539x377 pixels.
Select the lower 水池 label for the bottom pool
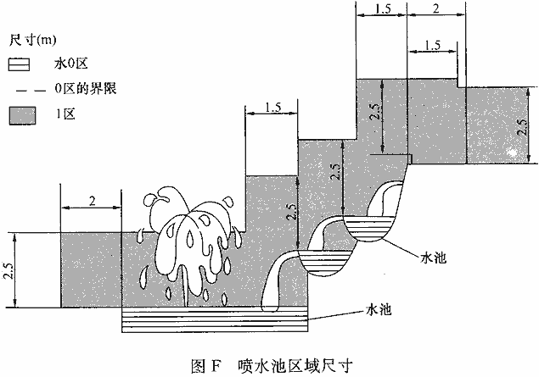click(x=377, y=310)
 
